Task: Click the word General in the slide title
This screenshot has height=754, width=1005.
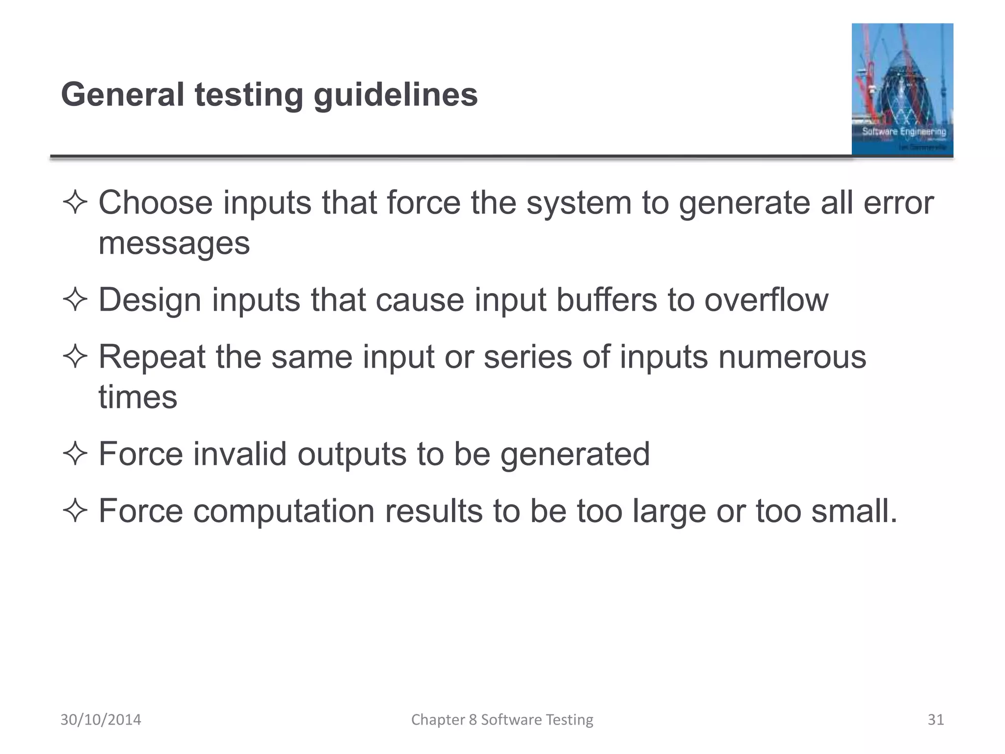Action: point(122,94)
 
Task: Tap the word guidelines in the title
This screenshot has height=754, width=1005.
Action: point(396,95)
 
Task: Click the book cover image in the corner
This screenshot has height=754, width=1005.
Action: point(902,89)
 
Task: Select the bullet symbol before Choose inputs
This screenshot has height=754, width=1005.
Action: point(75,203)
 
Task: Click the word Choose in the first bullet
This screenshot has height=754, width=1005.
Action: point(156,203)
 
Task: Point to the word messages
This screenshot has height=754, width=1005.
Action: point(174,243)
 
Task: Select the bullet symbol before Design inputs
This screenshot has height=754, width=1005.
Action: point(75,300)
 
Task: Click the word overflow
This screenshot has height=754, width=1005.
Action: point(766,300)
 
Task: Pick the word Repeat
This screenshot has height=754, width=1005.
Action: point(152,357)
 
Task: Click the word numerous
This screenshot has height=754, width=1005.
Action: point(792,357)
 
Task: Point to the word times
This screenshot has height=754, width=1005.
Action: point(138,397)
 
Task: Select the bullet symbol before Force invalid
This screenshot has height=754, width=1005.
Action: point(75,454)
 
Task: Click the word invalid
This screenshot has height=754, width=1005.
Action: point(239,454)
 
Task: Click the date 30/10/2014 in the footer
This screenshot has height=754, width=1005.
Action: point(101,720)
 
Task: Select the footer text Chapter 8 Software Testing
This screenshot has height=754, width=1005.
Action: point(502,720)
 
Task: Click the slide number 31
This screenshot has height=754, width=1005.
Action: point(936,720)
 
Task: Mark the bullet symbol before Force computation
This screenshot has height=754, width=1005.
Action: point(75,511)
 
